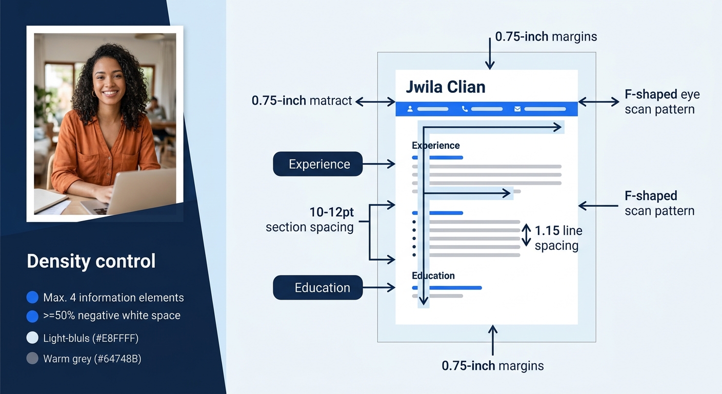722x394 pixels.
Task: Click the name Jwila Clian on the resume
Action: (445, 87)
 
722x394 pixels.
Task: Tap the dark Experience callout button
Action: (318, 164)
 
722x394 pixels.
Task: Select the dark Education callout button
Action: (318, 288)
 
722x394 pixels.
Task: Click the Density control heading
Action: (91, 261)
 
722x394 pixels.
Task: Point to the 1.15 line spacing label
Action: (558, 238)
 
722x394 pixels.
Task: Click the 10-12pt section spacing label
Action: (310, 220)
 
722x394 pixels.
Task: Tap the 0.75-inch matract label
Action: (302, 101)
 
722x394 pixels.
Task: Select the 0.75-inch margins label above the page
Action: (546, 37)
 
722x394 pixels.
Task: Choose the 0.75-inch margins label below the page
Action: (492, 366)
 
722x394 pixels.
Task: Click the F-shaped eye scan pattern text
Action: (661, 102)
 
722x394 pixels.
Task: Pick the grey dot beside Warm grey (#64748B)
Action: (32, 358)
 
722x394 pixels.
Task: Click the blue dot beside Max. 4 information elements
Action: (32, 297)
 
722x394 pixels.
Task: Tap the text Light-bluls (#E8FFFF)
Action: (91, 338)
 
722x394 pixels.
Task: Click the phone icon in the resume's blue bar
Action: (465, 109)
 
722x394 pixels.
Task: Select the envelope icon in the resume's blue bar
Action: (517, 109)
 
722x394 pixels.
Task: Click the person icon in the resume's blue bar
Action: (410, 109)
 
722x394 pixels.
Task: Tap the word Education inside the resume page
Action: (433, 275)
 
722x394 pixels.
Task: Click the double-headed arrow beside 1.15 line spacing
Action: (527, 235)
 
